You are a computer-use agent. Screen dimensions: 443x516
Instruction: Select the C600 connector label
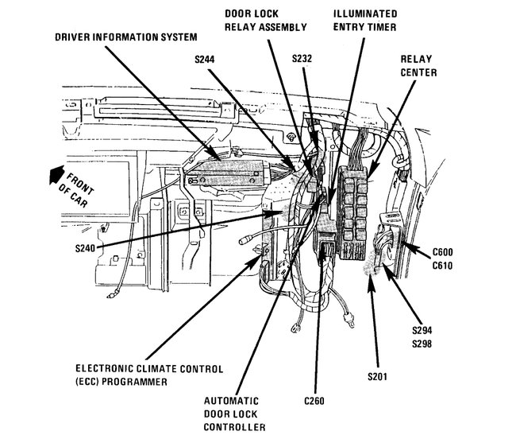[442, 253]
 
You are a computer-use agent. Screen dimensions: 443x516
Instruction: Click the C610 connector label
[442, 266]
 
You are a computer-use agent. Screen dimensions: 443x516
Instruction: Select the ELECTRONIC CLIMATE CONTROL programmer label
[148, 375]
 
